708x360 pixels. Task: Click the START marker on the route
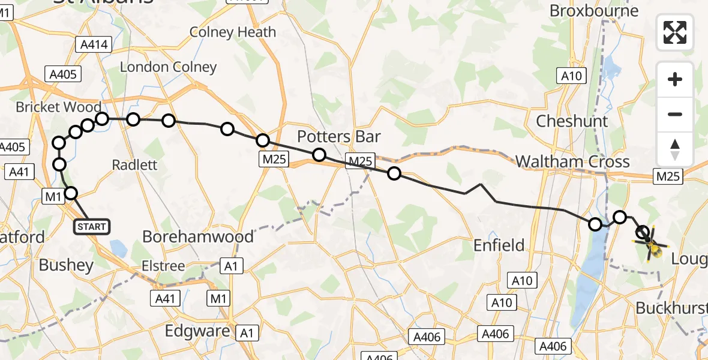(91, 227)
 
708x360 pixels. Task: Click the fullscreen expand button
(675, 32)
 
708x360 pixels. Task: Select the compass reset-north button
(675, 149)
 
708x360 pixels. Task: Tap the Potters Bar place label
(339, 137)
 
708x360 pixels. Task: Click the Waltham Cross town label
(572, 161)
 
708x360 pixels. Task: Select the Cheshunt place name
(572, 121)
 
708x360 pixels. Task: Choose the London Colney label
(168, 67)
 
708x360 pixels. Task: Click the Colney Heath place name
(233, 32)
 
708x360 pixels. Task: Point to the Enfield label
(499, 245)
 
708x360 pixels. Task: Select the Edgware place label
(197, 331)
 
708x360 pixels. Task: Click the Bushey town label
(66, 265)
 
